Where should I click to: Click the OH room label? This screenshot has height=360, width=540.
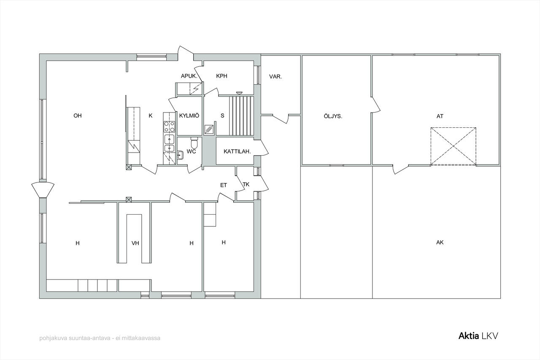[x=78, y=116]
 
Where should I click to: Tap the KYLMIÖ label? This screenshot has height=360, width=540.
[x=189, y=116]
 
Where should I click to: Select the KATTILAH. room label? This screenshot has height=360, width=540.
[x=237, y=152]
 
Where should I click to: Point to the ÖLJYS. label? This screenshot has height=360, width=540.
[x=333, y=116]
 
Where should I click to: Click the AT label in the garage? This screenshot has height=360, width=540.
[x=440, y=116]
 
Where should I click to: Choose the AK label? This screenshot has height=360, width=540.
[x=440, y=242]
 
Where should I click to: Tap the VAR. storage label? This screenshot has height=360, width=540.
[x=275, y=77]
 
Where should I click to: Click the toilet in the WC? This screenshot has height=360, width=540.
[x=194, y=142]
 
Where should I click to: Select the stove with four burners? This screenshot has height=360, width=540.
[x=170, y=127]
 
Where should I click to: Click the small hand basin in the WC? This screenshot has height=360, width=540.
[x=180, y=156]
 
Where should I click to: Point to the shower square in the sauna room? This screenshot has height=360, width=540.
[x=209, y=130]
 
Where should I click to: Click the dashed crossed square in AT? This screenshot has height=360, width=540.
[x=454, y=146]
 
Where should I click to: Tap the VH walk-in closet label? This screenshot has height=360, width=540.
[x=135, y=243]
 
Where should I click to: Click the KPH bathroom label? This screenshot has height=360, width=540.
[x=221, y=76]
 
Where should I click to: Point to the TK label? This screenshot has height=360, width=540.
[x=246, y=185]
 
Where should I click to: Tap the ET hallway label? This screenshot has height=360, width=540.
[x=224, y=185]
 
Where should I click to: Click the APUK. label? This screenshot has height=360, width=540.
[x=189, y=76]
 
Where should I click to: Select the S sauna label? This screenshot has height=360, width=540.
[x=222, y=116]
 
